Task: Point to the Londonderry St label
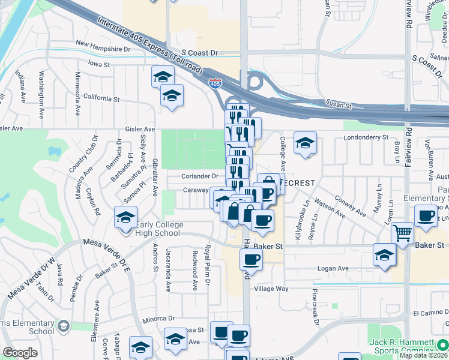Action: (366, 137)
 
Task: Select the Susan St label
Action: (339, 105)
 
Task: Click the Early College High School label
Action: (157, 229)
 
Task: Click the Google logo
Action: (20, 353)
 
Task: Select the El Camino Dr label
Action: (430, 313)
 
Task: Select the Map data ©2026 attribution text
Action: (423, 355)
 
